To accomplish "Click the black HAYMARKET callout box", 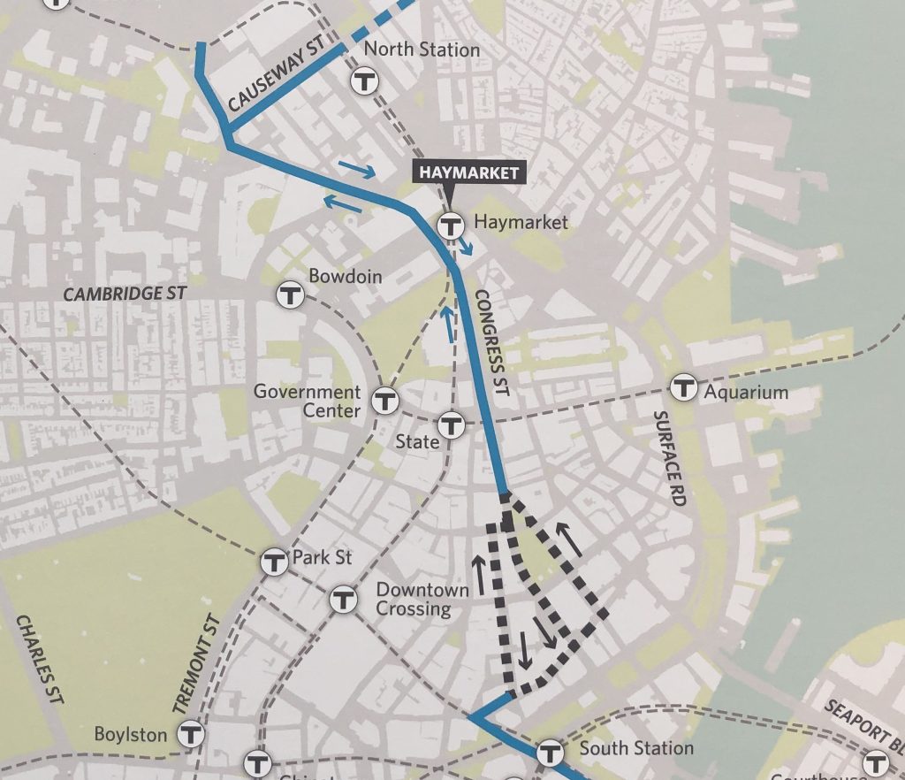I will point(469,172).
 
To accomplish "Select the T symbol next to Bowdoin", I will point(290,294).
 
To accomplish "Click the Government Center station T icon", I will point(384,401).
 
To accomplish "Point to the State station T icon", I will point(452,426).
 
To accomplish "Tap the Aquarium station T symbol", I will point(682,386).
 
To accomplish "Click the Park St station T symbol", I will point(275,561).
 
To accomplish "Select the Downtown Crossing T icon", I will point(343,600).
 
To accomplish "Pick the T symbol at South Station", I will point(550,752).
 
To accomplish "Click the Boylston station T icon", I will point(191,733).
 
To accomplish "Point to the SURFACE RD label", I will point(671,458).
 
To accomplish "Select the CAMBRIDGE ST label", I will point(125,293).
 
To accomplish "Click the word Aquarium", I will point(745,391).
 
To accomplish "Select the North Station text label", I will point(422,50).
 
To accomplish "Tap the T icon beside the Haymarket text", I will point(452,226).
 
